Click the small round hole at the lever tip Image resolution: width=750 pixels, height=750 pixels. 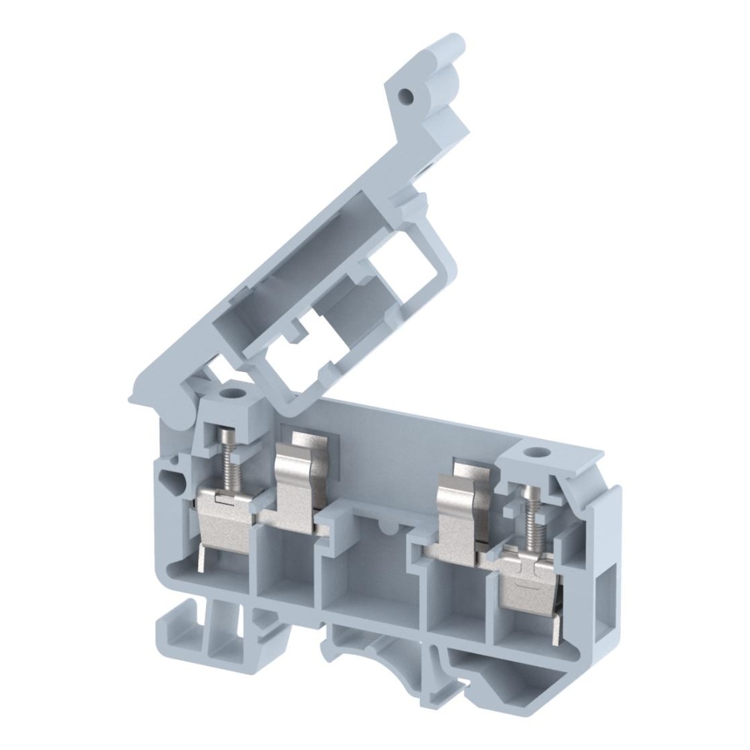pos(406,97)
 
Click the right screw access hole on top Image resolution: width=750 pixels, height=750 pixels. pos(535,452)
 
